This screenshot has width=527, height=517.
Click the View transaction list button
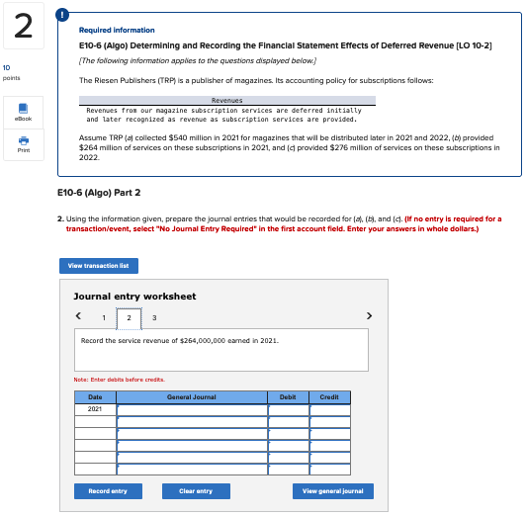99,265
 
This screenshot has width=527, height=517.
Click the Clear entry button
196,491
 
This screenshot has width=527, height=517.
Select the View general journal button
331,491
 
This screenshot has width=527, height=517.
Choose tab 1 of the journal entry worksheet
105,318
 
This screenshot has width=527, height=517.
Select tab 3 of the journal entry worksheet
153,318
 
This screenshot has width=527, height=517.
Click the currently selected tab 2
129,318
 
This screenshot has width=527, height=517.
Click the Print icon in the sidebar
22,145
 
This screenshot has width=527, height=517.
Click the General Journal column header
192,397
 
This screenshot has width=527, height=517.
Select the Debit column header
288,397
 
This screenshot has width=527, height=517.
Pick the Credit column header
329,397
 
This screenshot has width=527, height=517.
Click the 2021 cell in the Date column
95,408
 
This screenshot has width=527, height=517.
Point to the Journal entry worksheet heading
134,296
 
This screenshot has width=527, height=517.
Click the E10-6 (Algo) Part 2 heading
99,192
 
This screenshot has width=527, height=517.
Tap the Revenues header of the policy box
227,100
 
